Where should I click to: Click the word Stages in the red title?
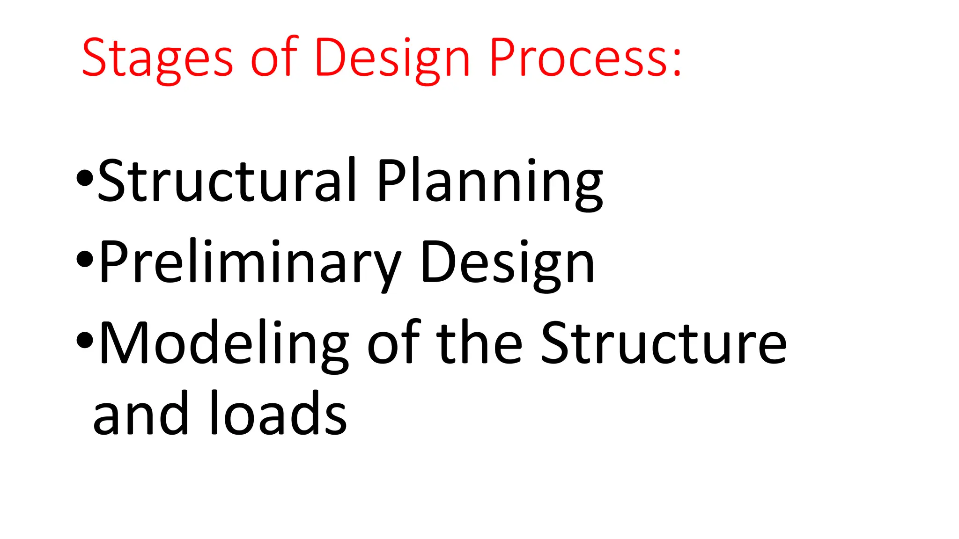pos(157,58)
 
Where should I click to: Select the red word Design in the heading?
pos(392,58)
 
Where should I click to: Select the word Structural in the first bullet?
pos(227,180)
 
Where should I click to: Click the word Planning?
pos(490,182)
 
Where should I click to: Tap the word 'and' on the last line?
pos(140,413)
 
